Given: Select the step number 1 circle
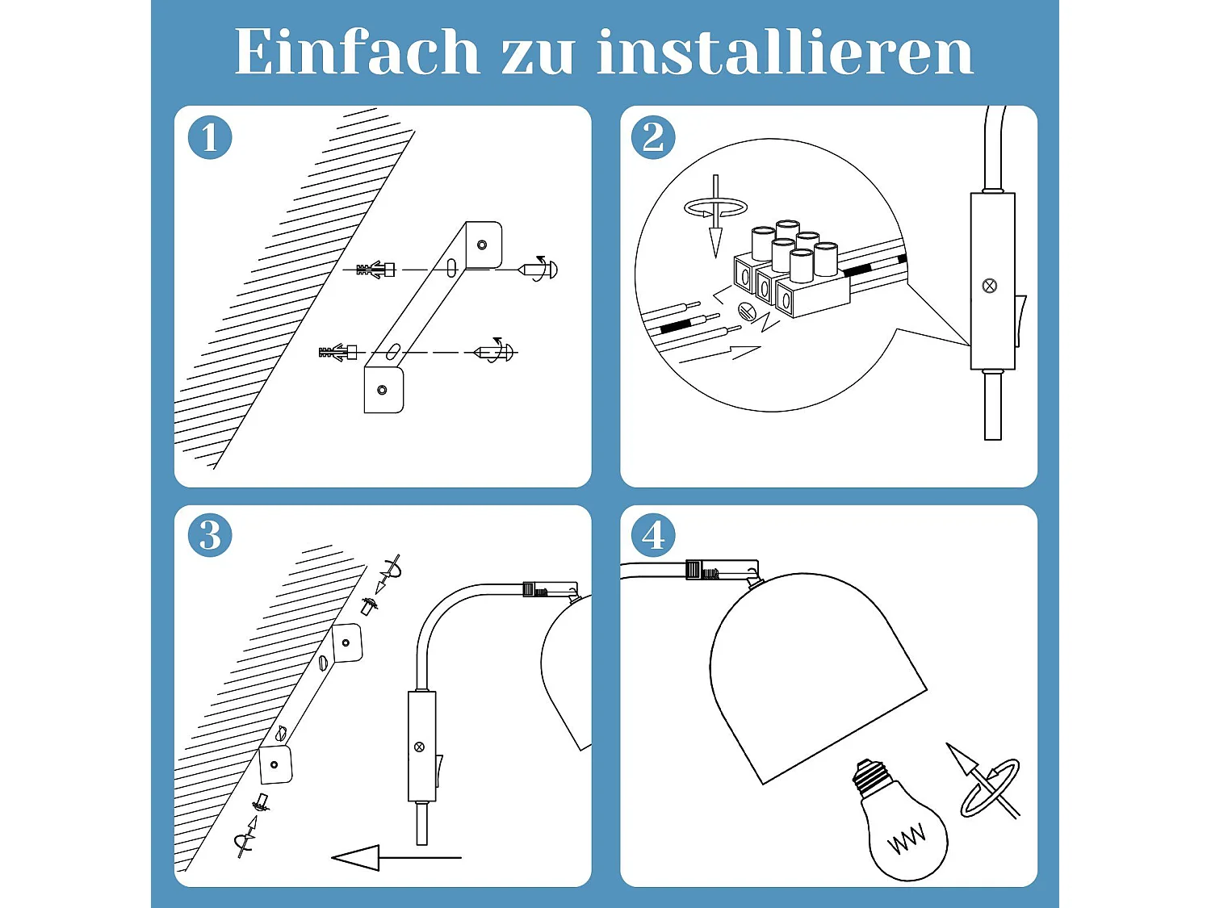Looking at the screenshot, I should point(210,137).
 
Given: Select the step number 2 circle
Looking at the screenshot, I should point(653,137).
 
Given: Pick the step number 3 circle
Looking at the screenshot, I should point(210,535).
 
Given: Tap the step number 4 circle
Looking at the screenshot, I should point(653,535).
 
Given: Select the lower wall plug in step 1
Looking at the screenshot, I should point(339,353).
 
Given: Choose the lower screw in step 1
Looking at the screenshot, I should point(495,352).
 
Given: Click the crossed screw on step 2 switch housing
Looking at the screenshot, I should point(990,286).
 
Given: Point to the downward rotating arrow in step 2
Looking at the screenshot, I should point(715,214).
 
